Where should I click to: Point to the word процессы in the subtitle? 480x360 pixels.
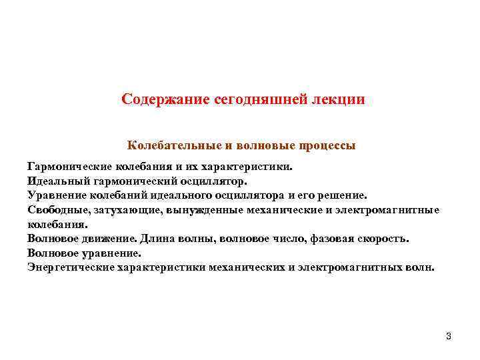pyautogui.click(x=324, y=145)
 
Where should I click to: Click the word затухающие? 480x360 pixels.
pyautogui.click(x=125, y=210)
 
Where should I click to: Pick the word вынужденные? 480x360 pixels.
pyautogui.click(x=200, y=210)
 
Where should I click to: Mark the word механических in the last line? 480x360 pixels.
pyautogui.click(x=253, y=268)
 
